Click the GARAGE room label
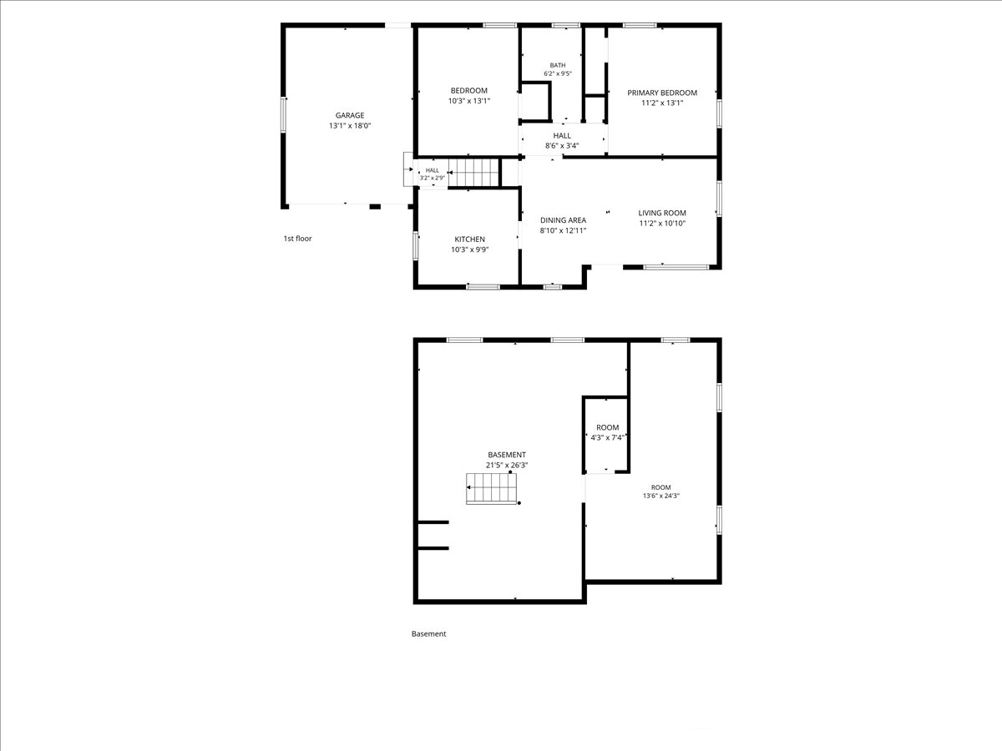pyautogui.click(x=350, y=115)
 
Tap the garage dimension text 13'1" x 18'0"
pyautogui.click(x=350, y=126)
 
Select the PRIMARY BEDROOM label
pyautogui.click(x=662, y=93)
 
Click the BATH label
pyautogui.click(x=558, y=65)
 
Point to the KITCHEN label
pyautogui.click(x=470, y=239)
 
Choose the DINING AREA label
pyautogui.click(x=563, y=220)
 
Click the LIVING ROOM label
pyautogui.click(x=662, y=213)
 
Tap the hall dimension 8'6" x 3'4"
pyautogui.click(x=562, y=146)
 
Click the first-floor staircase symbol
pyautogui.click(x=473, y=173)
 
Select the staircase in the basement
pyautogui.click(x=491, y=488)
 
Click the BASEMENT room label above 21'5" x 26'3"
pyautogui.click(x=507, y=455)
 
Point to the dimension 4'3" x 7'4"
pyautogui.click(x=607, y=438)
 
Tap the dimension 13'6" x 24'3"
pyautogui.click(x=661, y=496)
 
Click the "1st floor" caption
pyautogui.click(x=297, y=239)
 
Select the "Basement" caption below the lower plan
pyautogui.click(x=428, y=634)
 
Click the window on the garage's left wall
pyautogui.click(x=283, y=115)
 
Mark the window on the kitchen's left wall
pyautogui.click(x=415, y=246)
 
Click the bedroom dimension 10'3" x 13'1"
pyautogui.click(x=468, y=101)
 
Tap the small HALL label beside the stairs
pyautogui.click(x=432, y=170)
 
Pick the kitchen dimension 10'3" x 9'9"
pyautogui.click(x=470, y=249)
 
